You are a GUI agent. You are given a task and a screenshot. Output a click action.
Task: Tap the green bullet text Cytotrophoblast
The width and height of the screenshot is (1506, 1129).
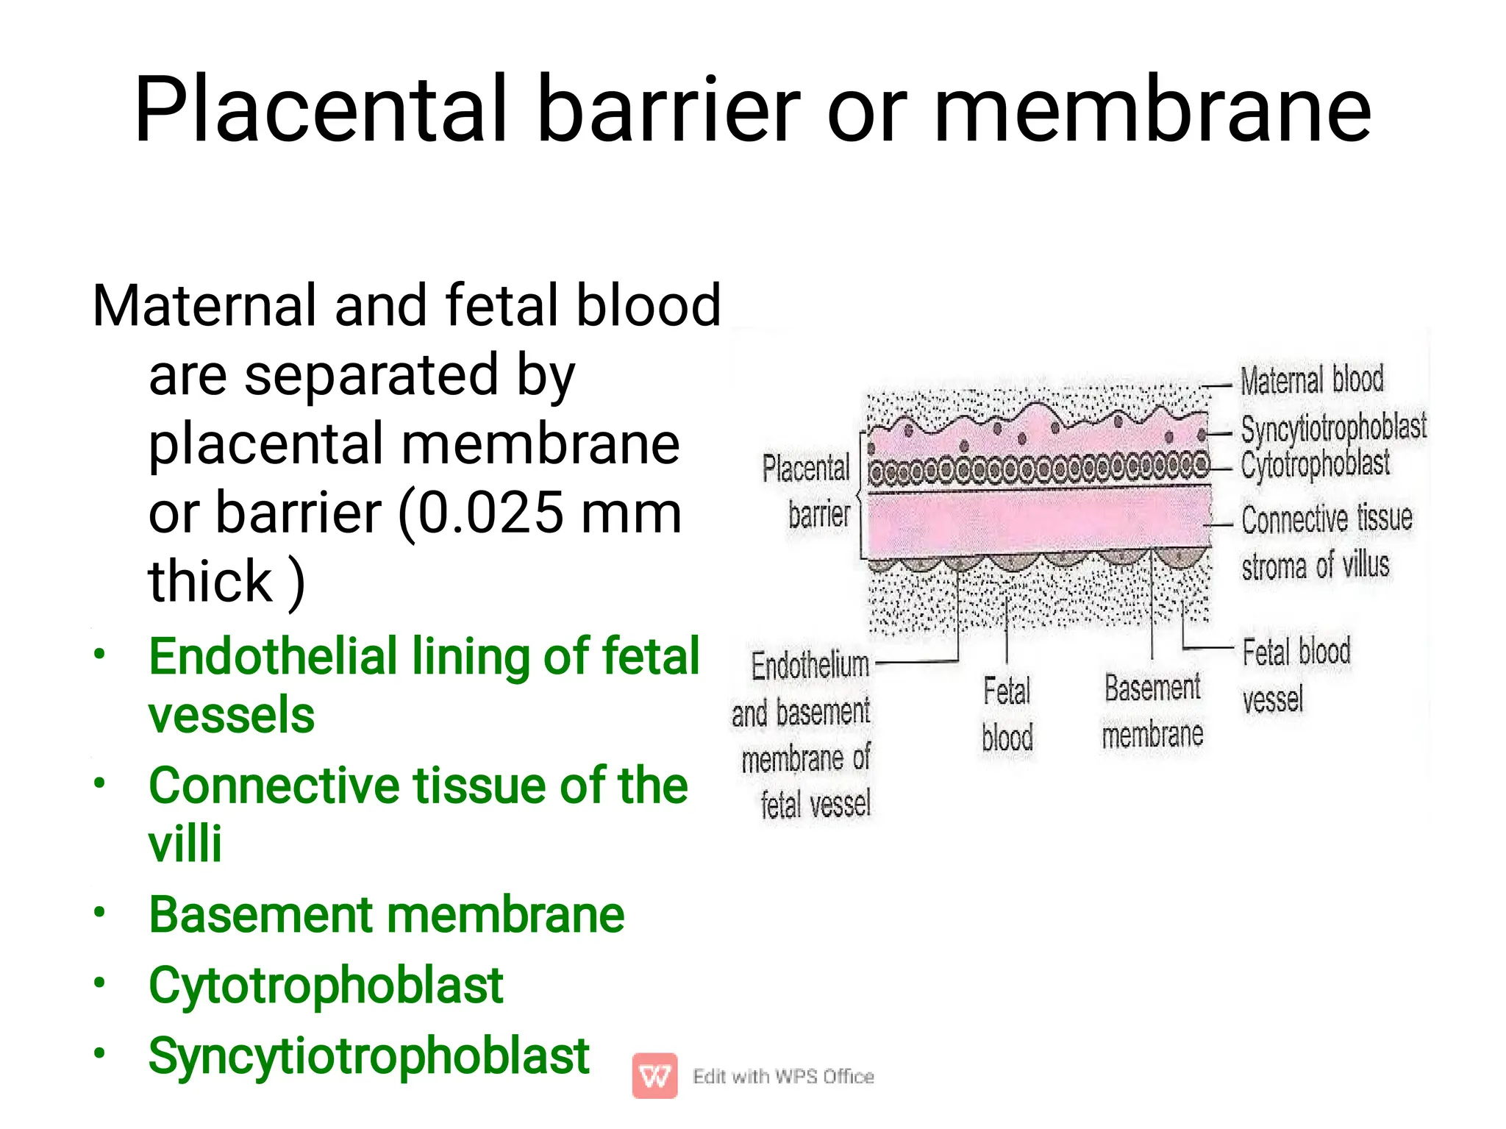point(326,985)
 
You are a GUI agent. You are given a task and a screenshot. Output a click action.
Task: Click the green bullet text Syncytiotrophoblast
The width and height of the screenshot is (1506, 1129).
point(368,1055)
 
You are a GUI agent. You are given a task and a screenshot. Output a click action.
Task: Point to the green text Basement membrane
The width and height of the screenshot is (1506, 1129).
point(386,915)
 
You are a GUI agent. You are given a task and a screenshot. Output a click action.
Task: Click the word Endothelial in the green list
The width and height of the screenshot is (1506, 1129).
point(273,656)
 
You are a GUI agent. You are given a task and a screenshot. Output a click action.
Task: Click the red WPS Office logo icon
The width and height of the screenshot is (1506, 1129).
point(654,1076)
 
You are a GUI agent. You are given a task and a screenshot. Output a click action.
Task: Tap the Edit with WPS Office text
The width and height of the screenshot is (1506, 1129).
point(783,1076)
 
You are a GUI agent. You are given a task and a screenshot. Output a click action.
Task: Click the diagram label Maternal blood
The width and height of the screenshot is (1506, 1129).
point(1312,380)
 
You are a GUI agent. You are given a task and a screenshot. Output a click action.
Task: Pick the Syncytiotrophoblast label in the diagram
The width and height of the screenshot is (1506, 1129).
point(1333,427)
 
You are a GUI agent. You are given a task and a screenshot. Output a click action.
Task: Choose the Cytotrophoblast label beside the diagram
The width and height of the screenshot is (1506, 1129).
point(1315,464)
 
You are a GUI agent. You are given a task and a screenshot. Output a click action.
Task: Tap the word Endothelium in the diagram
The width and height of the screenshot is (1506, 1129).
point(810,666)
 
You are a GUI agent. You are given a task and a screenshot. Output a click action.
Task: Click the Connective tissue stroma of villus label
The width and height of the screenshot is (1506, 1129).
point(1326,542)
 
